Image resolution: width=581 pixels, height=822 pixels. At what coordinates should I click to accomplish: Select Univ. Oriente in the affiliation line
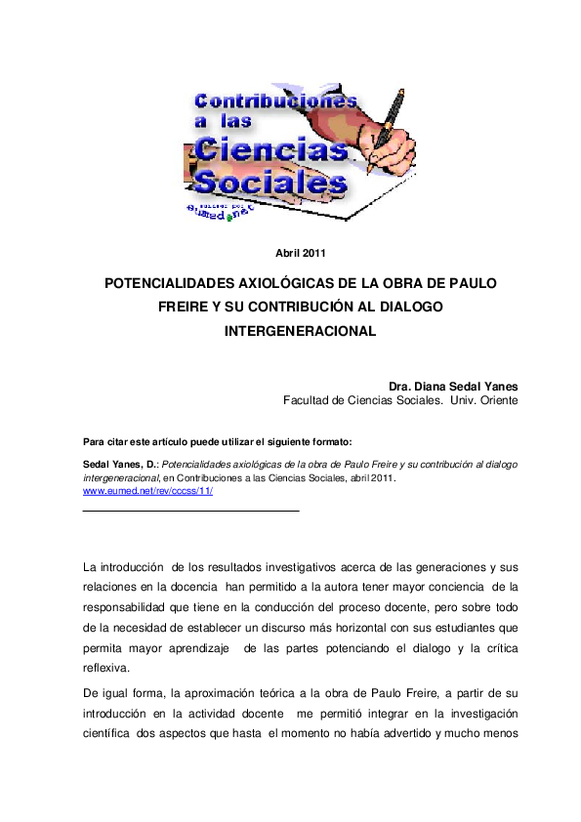[484, 400]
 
